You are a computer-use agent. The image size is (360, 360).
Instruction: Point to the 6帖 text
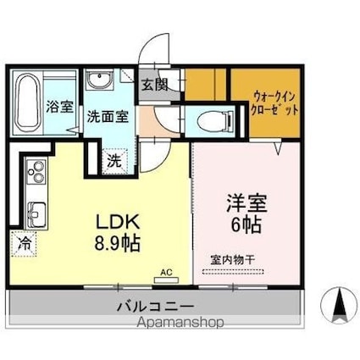click(x=243, y=224)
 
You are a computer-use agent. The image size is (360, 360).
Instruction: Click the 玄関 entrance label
click(x=155, y=86)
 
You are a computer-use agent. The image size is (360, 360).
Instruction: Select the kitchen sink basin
click(x=36, y=211)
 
